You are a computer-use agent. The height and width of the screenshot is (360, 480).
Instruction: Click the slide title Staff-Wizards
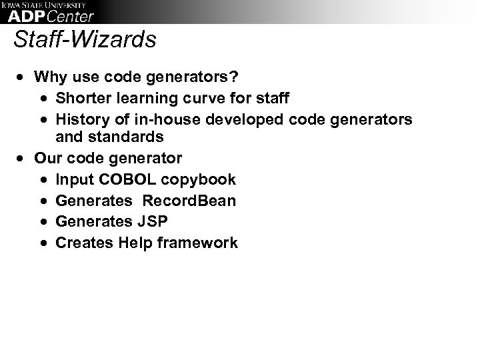point(85,39)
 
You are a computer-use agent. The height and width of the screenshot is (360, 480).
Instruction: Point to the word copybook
point(200,180)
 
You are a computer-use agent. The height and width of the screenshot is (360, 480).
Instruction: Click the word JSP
point(158,221)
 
